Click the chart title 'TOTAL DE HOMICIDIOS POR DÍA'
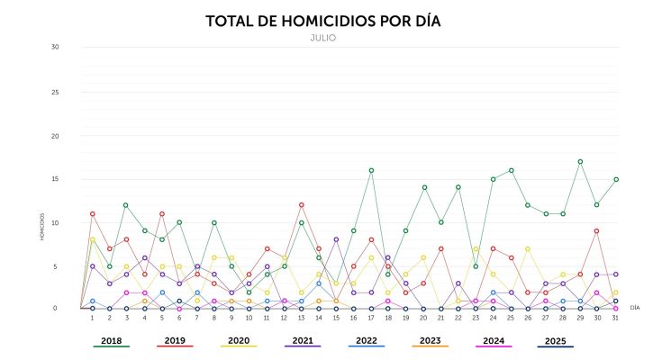328,21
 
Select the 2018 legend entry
111,341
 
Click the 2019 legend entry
175,341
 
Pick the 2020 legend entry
239,341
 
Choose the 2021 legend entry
303,341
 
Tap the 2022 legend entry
367,341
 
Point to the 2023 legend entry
431,341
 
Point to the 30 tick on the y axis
55,47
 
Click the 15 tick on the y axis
55,179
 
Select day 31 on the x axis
615,318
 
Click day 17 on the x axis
371,318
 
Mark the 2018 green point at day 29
581,162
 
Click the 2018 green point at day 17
371,170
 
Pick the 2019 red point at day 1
92,214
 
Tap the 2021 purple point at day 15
336,239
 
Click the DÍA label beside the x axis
635,308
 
